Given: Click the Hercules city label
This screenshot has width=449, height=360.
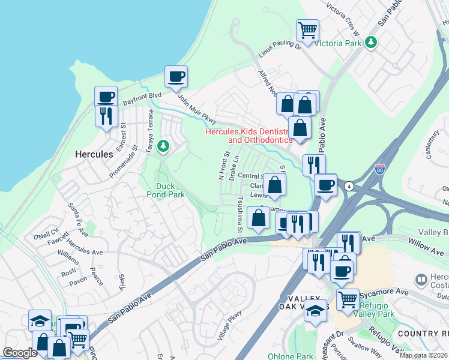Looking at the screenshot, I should [x=94, y=154].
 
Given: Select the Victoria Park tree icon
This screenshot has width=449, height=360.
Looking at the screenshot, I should [x=372, y=43].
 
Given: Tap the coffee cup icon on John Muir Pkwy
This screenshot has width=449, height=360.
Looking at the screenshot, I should [x=176, y=76].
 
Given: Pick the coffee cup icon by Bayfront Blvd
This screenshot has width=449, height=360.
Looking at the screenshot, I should [x=106, y=96].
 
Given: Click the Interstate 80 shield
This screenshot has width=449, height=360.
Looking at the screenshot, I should [x=379, y=170].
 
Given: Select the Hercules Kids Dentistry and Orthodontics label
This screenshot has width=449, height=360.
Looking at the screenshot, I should [x=249, y=136].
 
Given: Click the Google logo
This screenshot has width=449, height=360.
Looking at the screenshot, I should [x=20, y=353].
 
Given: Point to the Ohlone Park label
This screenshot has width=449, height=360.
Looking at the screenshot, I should [x=290, y=356].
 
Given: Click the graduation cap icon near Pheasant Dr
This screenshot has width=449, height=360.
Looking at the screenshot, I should [x=316, y=310].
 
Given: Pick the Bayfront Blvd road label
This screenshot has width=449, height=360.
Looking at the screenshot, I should [x=142, y=98].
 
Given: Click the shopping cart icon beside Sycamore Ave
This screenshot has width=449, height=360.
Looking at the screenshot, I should [x=348, y=298].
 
